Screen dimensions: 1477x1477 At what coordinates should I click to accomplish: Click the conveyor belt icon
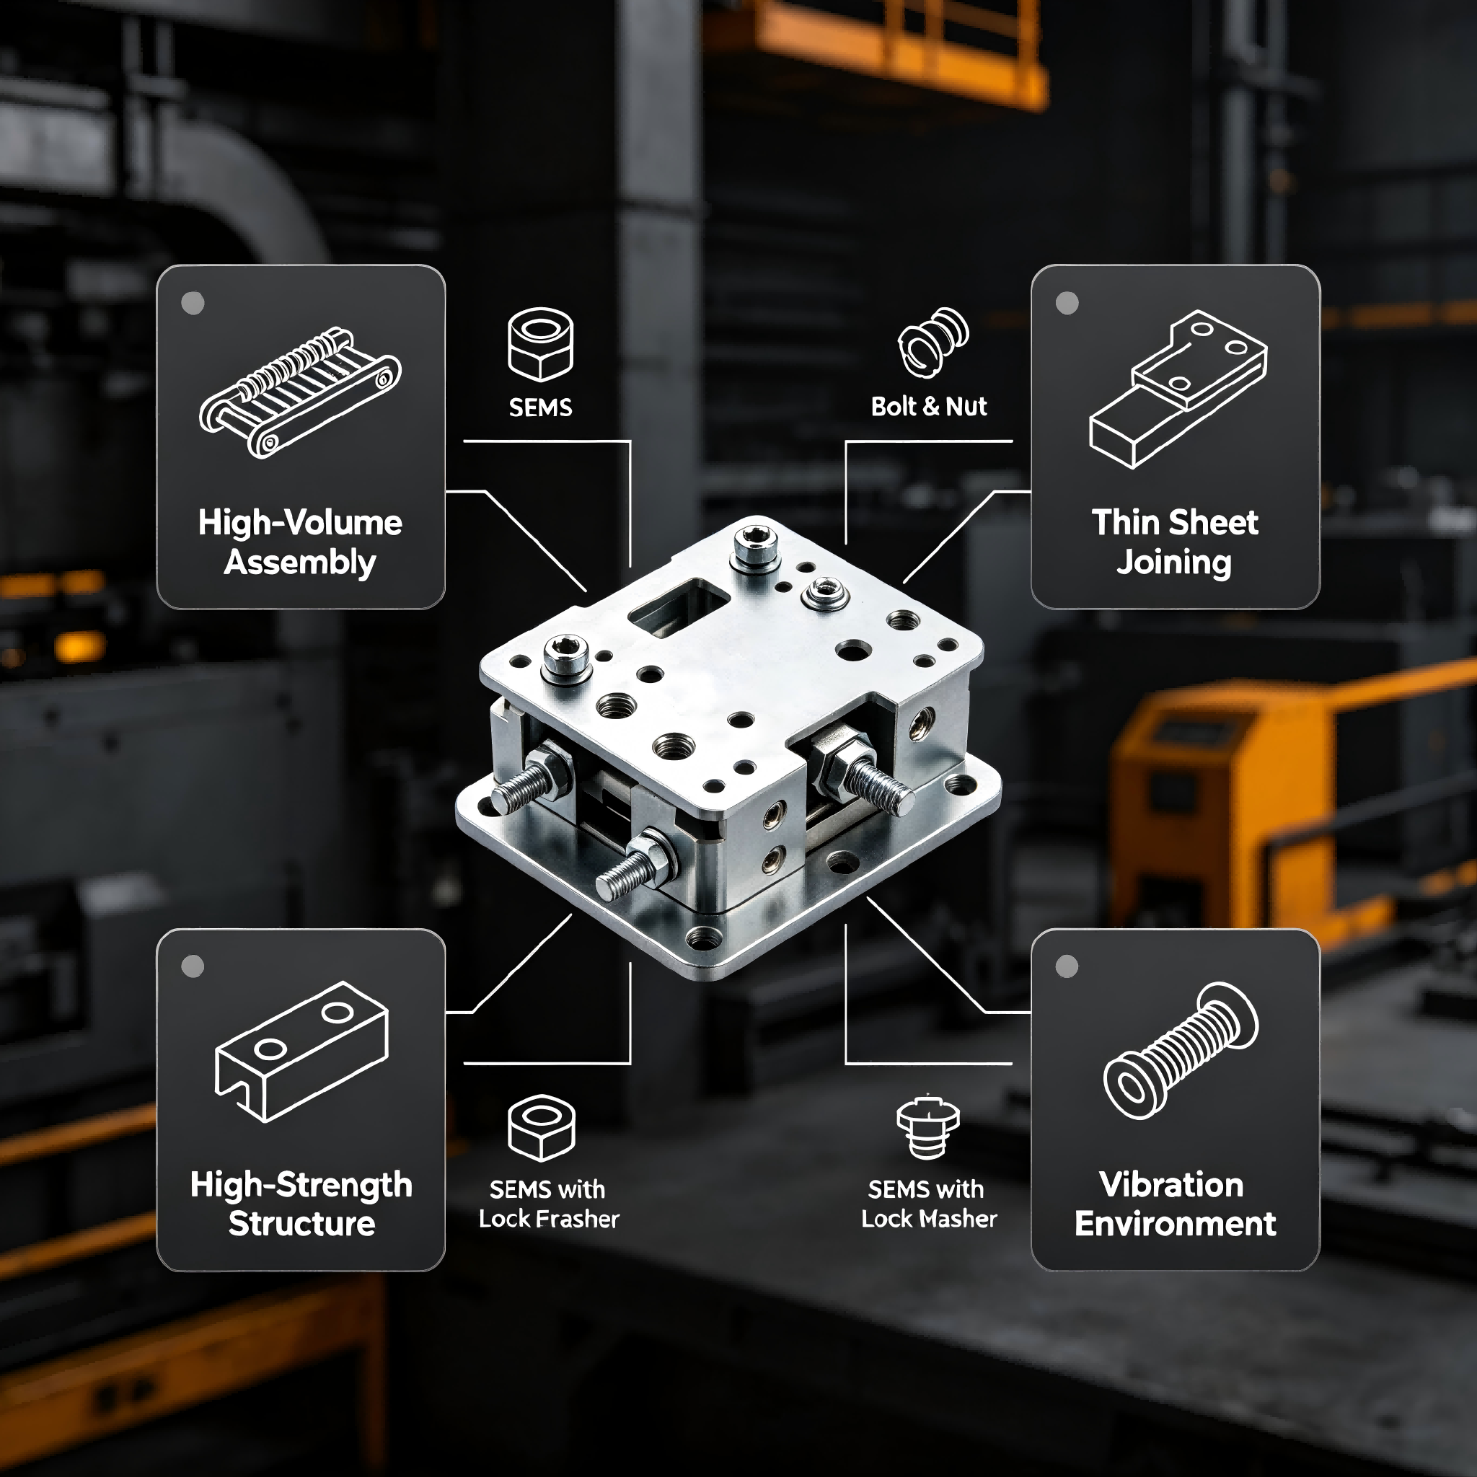pyautogui.click(x=300, y=392)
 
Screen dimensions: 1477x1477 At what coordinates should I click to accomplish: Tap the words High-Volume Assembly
pyautogui.click(x=301, y=542)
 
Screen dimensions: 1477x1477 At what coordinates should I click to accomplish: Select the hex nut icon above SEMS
pyautogui.click(x=540, y=344)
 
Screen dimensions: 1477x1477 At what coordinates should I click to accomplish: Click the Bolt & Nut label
pyautogui.click(x=929, y=406)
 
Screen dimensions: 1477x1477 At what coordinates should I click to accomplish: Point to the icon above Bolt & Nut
pyautogui.click(x=933, y=343)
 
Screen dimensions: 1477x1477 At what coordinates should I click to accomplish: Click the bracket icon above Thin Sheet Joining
pyautogui.click(x=1177, y=389)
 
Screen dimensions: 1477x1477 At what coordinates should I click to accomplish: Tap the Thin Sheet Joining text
pyautogui.click(x=1175, y=542)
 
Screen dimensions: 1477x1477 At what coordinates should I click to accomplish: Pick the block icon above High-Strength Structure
pyautogui.click(x=301, y=1051)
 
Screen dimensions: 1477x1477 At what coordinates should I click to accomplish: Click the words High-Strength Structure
pyautogui.click(x=301, y=1204)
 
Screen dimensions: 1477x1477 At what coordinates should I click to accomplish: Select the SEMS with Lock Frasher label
pyautogui.click(x=548, y=1204)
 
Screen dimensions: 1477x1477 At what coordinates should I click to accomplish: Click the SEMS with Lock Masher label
pyautogui.click(x=929, y=1204)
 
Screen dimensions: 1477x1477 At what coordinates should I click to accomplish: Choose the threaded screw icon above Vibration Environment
pyautogui.click(x=1181, y=1051)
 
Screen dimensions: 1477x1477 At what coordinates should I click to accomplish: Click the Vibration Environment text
pyautogui.click(x=1175, y=1204)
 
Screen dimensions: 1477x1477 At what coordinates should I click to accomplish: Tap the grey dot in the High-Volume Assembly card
pyautogui.click(x=193, y=304)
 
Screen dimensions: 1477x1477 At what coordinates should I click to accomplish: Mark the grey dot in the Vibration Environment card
pyautogui.click(x=1067, y=966)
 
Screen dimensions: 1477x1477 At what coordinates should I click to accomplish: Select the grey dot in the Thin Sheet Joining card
pyautogui.click(x=1067, y=304)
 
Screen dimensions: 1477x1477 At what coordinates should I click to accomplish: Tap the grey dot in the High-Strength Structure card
pyautogui.click(x=193, y=966)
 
